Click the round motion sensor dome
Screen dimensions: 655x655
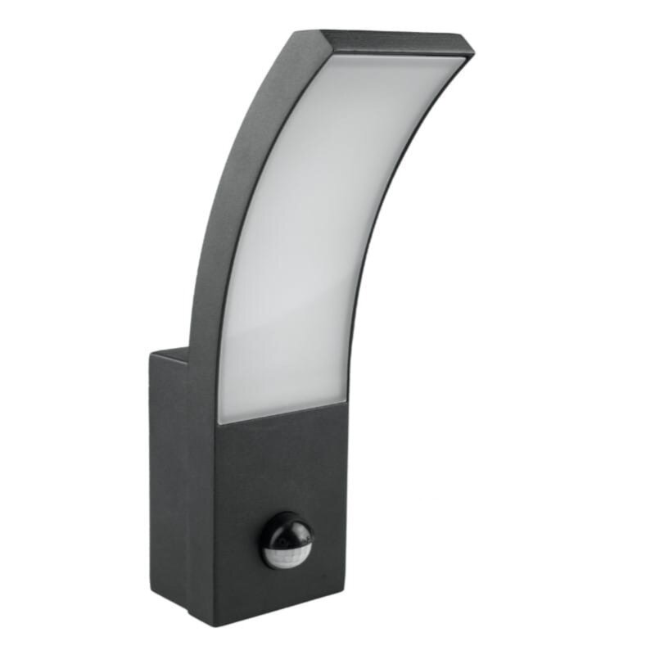coord(287,540)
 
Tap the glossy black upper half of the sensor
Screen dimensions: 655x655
coord(285,528)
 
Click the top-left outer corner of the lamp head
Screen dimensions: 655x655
coord(322,33)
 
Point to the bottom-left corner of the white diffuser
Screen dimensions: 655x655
coord(219,422)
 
